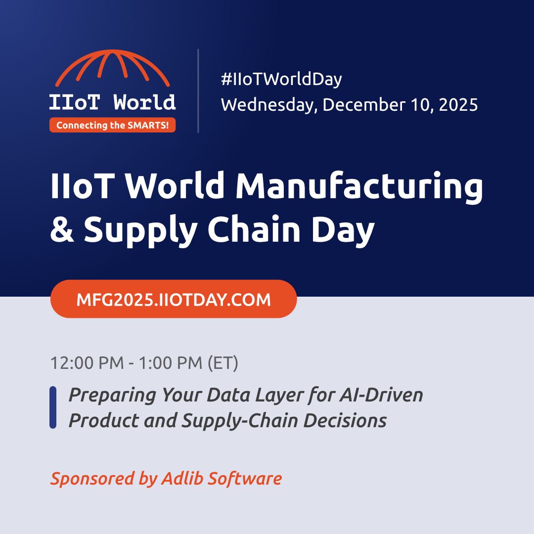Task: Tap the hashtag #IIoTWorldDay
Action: pos(281,79)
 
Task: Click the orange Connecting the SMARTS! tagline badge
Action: pos(112,126)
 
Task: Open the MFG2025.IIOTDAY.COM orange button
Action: pos(174,299)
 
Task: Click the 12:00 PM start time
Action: pos(87,363)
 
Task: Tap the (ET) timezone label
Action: pos(222,363)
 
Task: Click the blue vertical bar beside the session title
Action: pos(53,407)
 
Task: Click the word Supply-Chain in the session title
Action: pos(240,420)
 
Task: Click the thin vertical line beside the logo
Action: pos(198,91)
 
